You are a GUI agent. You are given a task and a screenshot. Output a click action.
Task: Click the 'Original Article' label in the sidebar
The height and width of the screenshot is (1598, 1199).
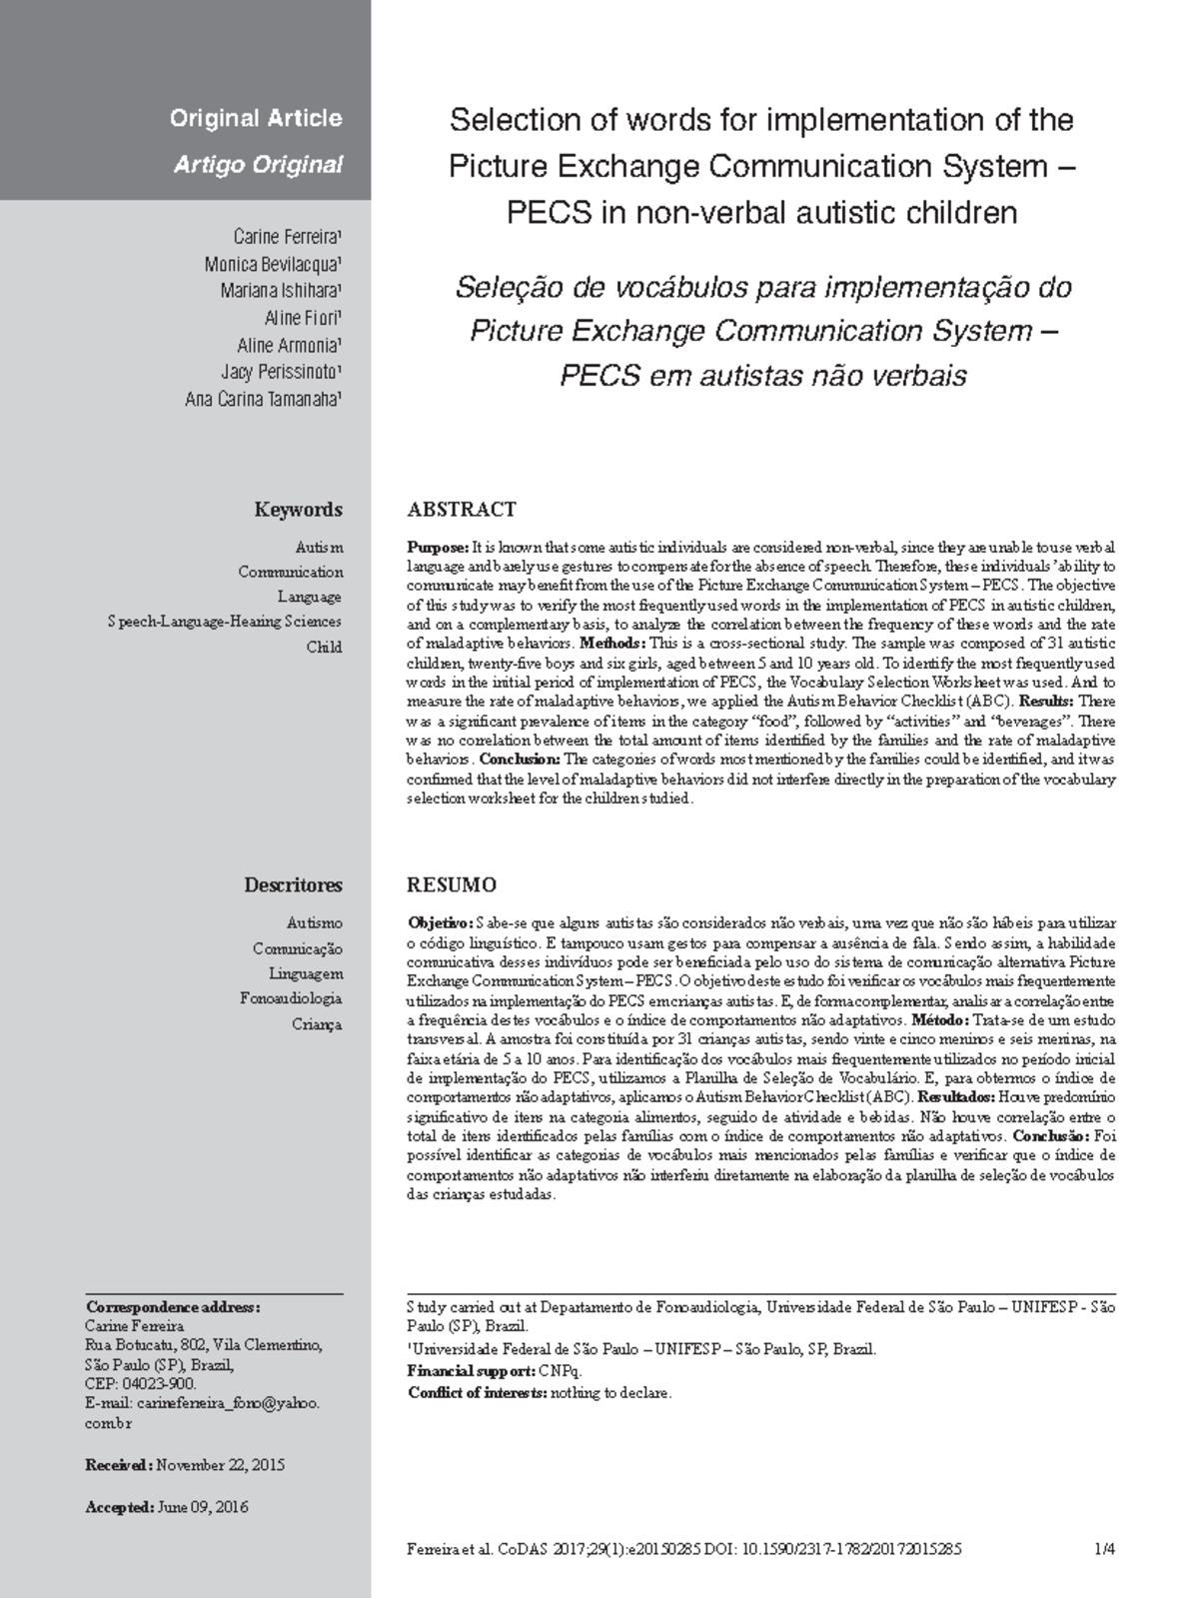click(x=256, y=119)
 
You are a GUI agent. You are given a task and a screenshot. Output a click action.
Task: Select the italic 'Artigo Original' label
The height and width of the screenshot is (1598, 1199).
click(x=258, y=165)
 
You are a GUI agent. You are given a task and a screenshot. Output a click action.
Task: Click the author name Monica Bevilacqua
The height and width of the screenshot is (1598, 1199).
click(x=273, y=265)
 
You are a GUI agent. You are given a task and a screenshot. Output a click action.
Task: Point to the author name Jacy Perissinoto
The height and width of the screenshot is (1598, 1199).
click(x=281, y=372)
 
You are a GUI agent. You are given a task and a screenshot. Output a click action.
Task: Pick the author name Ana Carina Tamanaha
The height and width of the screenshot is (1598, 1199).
click(x=264, y=399)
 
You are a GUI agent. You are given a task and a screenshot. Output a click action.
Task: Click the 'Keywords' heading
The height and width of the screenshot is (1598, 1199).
click(x=298, y=510)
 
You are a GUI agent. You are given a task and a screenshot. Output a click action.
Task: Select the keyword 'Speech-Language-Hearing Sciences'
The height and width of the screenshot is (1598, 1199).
click(x=225, y=622)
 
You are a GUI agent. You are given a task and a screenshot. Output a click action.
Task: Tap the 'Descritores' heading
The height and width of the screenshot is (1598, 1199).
click(x=293, y=885)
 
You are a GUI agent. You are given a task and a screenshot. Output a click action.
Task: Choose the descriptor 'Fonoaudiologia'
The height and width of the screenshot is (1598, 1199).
click(x=291, y=998)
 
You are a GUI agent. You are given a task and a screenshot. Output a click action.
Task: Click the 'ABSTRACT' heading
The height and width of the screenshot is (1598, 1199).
click(x=462, y=510)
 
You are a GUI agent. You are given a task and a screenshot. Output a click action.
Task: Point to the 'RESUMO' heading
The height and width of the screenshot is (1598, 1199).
click(x=452, y=885)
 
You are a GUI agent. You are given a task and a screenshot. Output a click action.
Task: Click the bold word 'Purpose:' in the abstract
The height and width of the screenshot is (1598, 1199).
click(x=438, y=548)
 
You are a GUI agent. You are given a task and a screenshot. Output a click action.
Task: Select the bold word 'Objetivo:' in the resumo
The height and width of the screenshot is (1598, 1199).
click(x=440, y=923)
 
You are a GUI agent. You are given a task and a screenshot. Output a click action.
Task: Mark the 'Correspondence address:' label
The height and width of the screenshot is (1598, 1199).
click(x=173, y=1307)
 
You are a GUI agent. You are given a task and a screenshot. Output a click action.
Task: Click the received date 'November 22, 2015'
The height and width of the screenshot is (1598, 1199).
click(x=221, y=1465)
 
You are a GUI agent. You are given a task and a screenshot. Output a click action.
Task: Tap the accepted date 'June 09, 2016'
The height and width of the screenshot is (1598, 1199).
click(x=203, y=1507)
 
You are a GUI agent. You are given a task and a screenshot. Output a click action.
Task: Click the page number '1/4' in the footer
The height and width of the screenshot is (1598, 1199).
click(x=1104, y=1550)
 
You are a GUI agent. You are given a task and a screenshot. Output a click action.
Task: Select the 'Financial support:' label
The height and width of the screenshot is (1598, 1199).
click(x=472, y=1371)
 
